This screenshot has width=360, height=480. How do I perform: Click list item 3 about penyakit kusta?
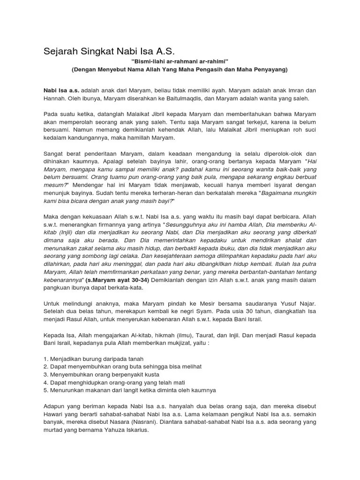[x=101, y=375]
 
